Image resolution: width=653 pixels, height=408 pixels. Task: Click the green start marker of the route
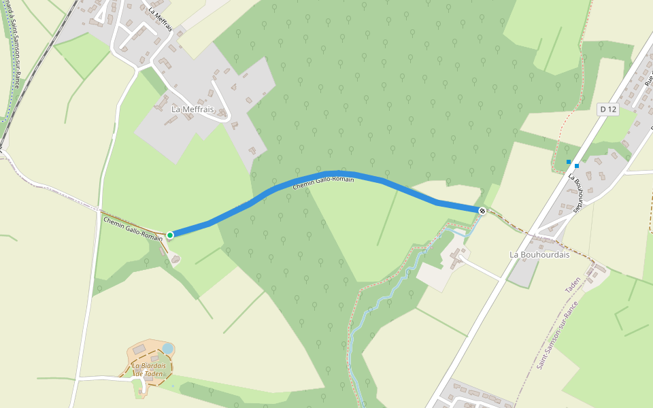coord(170,235)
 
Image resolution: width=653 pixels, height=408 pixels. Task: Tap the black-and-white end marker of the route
coord(482,211)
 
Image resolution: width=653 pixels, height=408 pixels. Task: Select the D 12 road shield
coord(607,109)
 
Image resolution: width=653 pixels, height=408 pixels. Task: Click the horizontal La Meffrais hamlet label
coord(192,109)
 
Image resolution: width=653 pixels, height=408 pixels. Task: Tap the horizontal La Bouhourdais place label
coord(539,254)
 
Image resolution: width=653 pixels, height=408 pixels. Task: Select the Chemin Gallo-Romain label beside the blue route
coord(323,182)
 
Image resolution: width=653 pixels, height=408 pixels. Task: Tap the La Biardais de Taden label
coord(148,370)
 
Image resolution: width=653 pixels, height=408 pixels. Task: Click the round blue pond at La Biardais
coord(167,349)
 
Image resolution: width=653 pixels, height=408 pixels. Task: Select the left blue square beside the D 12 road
coord(569,161)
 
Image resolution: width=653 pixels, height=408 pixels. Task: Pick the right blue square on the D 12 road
coord(576,165)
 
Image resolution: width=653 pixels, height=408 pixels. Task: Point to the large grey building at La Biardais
coord(139,350)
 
